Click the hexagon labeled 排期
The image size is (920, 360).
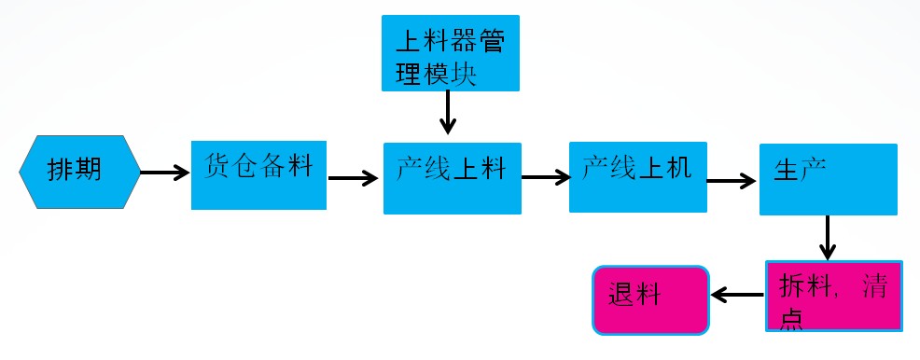tap(79, 172)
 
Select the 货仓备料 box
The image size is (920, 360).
tap(258, 174)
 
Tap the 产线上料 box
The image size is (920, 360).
tap(452, 178)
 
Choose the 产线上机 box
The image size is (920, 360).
tap(637, 176)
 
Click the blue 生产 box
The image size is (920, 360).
tap(828, 179)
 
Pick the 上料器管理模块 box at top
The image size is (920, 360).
tap(449, 53)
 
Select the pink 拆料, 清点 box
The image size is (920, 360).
tap(834, 295)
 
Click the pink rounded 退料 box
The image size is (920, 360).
tap(651, 299)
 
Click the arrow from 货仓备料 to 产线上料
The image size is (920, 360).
tap(353, 177)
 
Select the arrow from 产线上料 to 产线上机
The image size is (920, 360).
tap(544, 175)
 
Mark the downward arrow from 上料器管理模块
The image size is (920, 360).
tap(448, 114)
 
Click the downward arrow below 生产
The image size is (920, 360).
tap(827, 238)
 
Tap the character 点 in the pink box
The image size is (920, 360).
tap(791, 317)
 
